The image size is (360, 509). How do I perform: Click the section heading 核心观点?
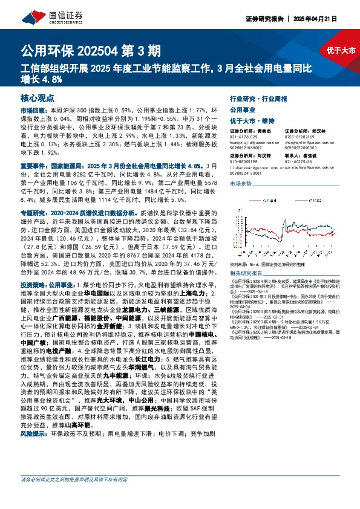point(37,96)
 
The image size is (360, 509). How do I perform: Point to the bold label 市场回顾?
point(32,111)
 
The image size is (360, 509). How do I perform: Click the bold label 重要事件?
point(32,165)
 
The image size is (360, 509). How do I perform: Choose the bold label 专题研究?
point(32,213)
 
